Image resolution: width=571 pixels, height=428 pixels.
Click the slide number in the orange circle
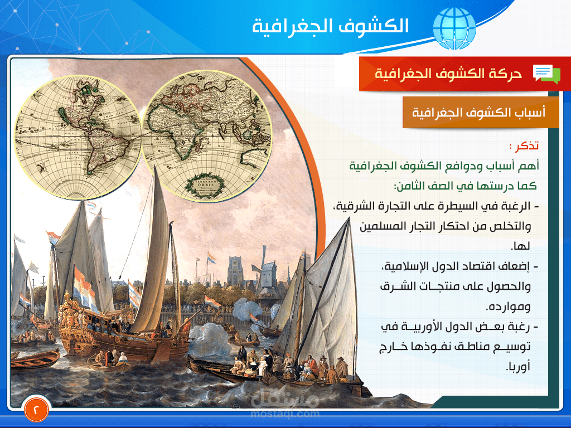point(37,409)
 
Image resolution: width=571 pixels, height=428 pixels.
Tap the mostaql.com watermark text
point(285,414)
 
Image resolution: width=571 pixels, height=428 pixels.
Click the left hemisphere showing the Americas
point(76,138)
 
